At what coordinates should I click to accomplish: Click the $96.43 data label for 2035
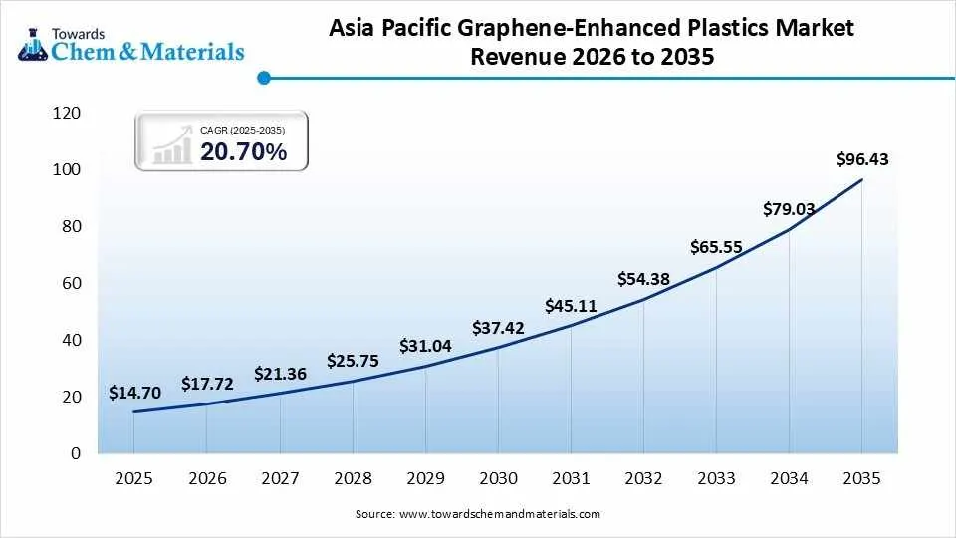pyautogui.click(x=862, y=159)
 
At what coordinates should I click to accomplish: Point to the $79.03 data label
pyautogui.click(x=789, y=209)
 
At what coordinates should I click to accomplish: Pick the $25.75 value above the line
pyautogui.click(x=353, y=361)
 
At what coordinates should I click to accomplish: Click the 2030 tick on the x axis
pyautogui.click(x=498, y=479)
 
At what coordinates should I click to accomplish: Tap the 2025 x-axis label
pyautogui.click(x=133, y=479)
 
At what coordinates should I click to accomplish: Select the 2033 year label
pyautogui.click(x=716, y=479)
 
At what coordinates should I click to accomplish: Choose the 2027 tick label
pyautogui.click(x=280, y=479)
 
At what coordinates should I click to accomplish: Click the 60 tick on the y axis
pyautogui.click(x=71, y=284)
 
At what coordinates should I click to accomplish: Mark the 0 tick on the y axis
pyautogui.click(x=76, y=454)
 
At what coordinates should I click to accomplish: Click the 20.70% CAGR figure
pyautogui.click(x=243, y=151)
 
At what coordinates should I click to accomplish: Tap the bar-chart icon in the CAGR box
pyautogui.click(x=172, y=144)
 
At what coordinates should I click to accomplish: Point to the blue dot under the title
pyautogui.click(x=263, y=77)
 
